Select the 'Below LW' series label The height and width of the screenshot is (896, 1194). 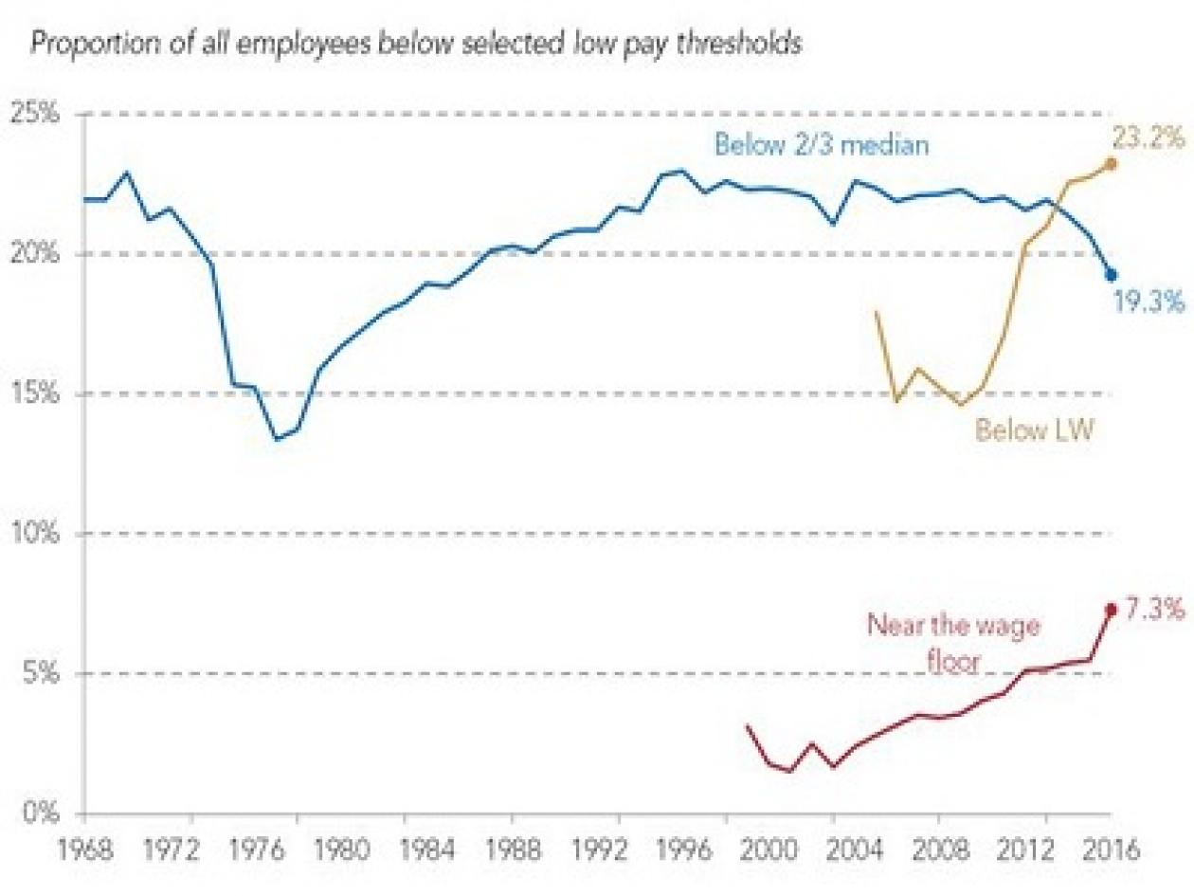(1035, 431)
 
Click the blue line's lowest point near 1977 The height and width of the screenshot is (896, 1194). (277, 439)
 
